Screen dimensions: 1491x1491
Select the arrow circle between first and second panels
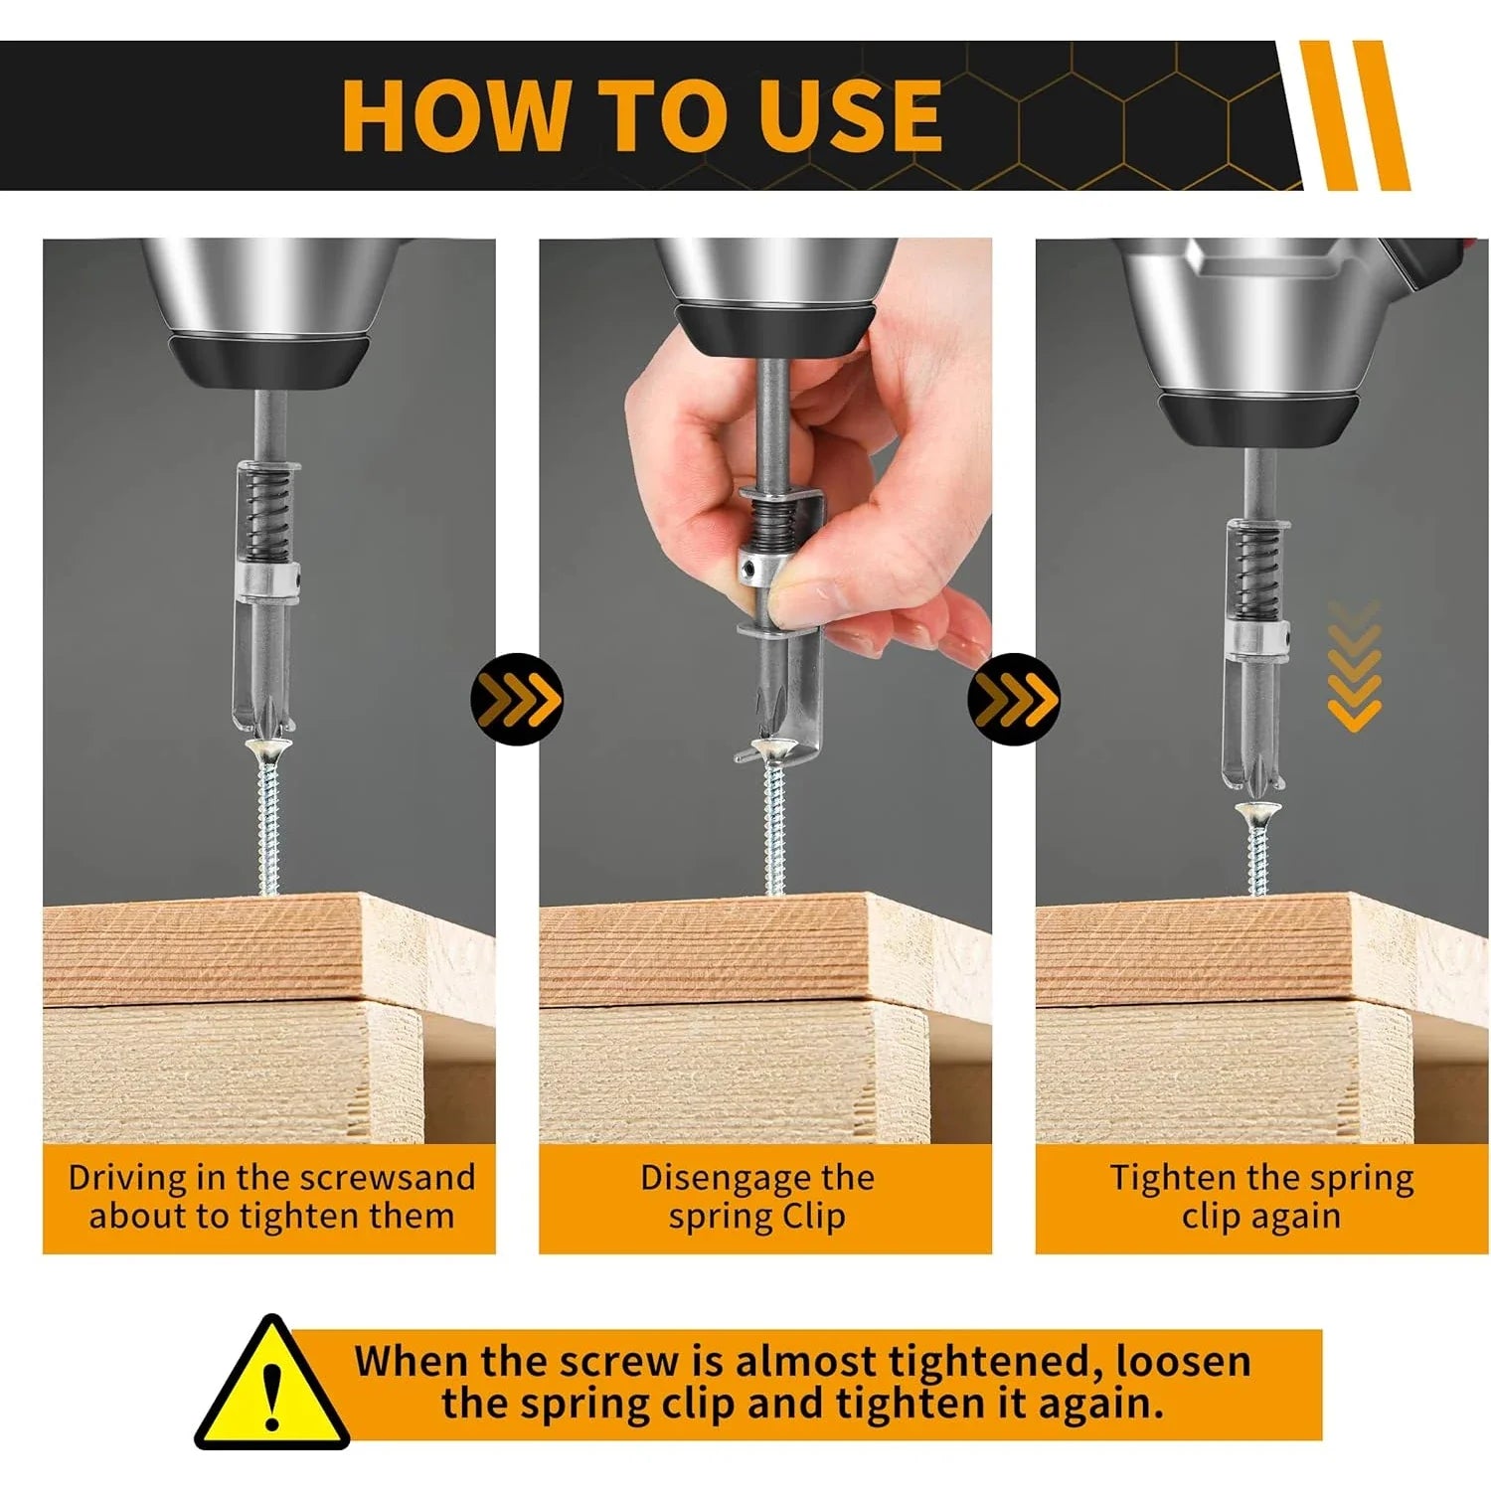click(517, 699)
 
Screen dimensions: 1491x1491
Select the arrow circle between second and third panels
click(1013, 699)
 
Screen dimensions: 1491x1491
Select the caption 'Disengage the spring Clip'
click(757, 1197)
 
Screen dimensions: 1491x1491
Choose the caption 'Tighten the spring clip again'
click(1261, 1197)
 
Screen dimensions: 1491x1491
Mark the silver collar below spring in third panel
click(1257, 638)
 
